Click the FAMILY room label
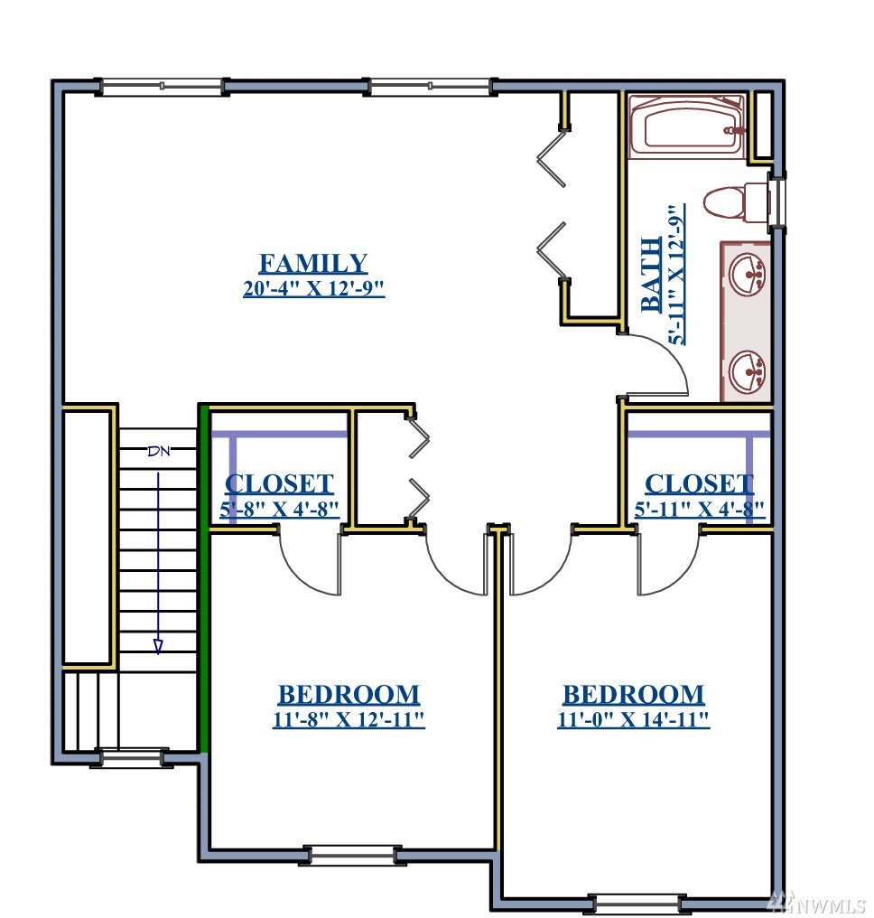click(x=313, y=264)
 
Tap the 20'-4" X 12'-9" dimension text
click(x=313, y=288)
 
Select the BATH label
click(x=651, y=275)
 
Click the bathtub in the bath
click(x=688, y=126)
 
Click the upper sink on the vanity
click(x=747, y=274)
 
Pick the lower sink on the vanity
click(x=747, y=370)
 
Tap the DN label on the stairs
click(x=159, y=451)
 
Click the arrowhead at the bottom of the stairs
click(x=158, y=646)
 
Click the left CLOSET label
click(x=279, y=484)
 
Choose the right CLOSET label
click(x=699, y=484)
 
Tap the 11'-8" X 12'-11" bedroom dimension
click(x=349, y=719)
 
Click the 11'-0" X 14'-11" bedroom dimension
click(x=634, y=719)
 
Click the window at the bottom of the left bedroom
click(x=353, y=856)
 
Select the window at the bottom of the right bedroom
click(x=636, y=904)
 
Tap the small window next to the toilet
click(x=778, y=201)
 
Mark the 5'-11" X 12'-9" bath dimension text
click(x=676, y=275)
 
